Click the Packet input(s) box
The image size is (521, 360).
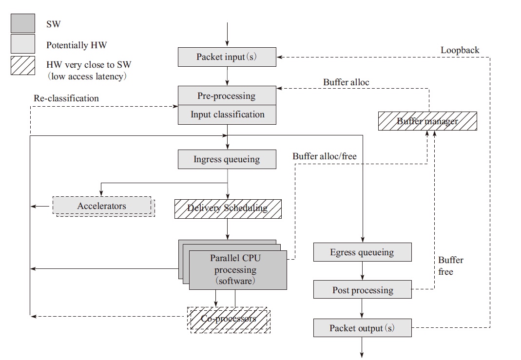[227, 57]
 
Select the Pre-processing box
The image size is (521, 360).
[227, 95]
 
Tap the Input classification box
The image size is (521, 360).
[227, 114]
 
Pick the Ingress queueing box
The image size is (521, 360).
[227, 159]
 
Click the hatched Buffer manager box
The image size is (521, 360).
[427, 121]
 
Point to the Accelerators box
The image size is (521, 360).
[101, 206]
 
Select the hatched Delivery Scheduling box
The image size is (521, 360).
[228, 208]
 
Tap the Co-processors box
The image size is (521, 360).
[229, 319]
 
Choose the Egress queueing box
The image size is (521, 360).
[362, 253]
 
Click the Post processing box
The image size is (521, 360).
[362, 290]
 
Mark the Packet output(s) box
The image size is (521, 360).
[362, 328]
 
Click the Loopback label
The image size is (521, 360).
[460, 50]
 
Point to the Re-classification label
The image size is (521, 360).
[66, 98]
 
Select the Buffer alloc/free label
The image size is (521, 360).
[324, 156]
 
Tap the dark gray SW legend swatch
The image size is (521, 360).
[23, 23]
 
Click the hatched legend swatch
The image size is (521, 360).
[23, 65]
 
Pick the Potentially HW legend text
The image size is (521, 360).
[77, 45]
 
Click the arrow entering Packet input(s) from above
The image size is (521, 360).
[227, 34]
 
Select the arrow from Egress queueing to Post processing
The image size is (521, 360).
[362, 271]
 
